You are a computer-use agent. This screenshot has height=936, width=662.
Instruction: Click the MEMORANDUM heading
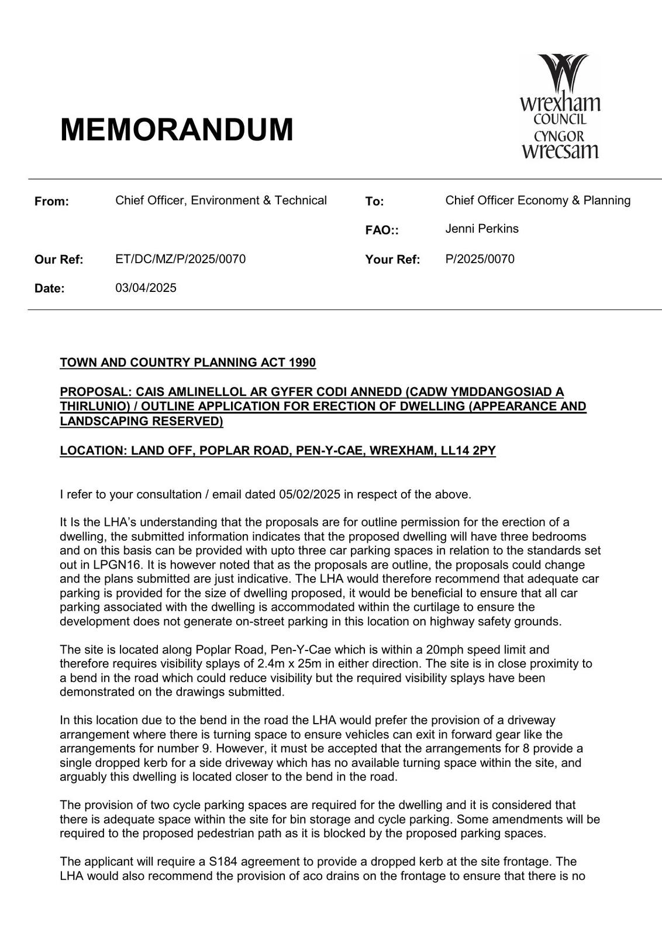177,129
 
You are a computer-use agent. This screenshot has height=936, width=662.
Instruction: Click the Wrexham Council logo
560,107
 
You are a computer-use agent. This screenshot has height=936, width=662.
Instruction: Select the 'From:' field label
51,202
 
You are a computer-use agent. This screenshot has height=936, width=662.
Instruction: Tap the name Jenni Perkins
482,229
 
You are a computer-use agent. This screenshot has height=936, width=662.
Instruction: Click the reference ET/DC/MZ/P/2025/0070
180,259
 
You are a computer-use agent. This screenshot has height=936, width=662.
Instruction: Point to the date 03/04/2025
146,288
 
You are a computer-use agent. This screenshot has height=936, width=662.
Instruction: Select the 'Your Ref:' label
392,260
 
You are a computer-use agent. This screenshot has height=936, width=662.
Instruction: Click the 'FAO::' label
382,230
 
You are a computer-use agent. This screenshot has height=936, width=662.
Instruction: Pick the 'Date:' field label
49,288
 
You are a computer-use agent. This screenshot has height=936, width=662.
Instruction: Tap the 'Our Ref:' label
58,260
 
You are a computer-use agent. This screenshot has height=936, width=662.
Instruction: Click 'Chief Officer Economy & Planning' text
537,201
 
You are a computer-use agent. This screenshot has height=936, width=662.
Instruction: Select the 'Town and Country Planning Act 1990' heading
188,363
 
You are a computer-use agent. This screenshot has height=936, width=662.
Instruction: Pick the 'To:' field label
374,202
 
